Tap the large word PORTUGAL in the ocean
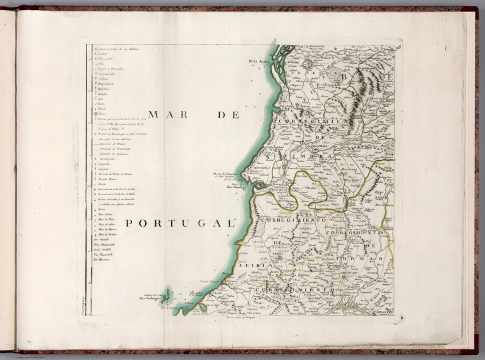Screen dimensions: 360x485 (179, 223)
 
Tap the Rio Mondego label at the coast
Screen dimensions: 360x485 (237, 187)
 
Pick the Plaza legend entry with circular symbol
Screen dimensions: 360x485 (101, 113)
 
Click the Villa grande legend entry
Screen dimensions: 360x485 (105, 59)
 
